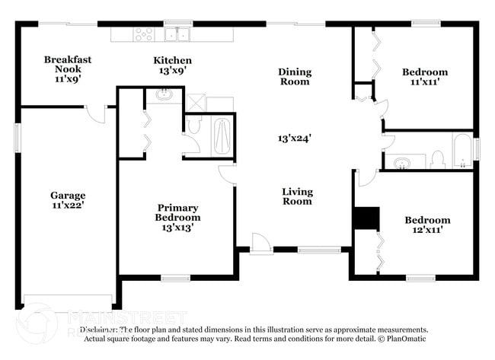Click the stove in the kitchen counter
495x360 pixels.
(x=144, y=33)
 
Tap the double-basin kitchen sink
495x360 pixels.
(x=180, y=33)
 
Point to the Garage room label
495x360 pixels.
(x=68, y=195)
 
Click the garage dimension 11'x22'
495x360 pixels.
(x=68, y=205)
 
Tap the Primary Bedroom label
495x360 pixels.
(x=177, y=212)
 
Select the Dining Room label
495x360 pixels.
(x=294, y=77)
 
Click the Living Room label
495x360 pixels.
(x=297, y=196)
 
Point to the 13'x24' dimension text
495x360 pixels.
(x=295, y=139)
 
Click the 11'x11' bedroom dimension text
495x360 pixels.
(x=424, y=83)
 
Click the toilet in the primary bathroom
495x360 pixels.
(x=193, y=126)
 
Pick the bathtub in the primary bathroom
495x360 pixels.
(x=222, y=135)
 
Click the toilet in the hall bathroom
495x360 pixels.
(x=437, y=159)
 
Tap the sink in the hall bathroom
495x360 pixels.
(x=403, y=161)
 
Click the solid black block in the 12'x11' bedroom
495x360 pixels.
(x=366, y=218)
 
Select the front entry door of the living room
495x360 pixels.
(x=260, y=244)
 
